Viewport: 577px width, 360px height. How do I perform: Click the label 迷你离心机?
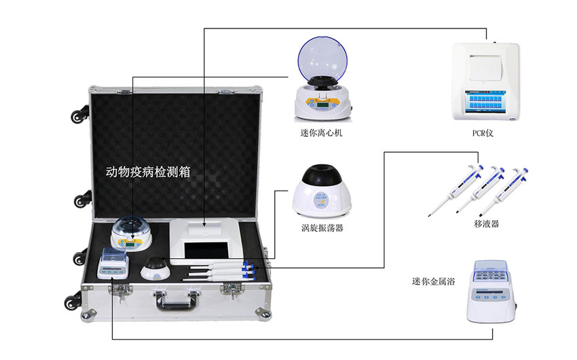click(x=321, y=133)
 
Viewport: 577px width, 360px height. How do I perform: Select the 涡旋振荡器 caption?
click(x=322, y=228)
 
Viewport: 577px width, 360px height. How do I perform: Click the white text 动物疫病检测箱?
click(x=148, y=172)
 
